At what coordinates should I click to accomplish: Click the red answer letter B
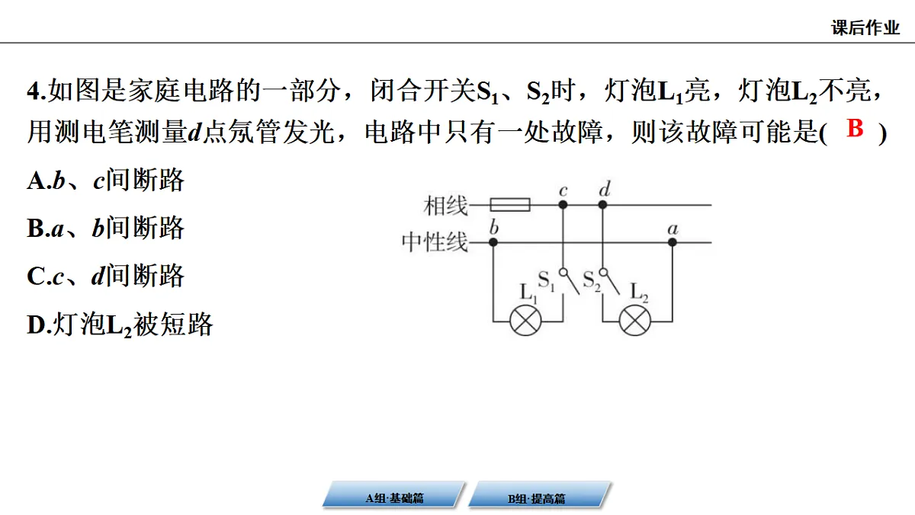click(855, 128)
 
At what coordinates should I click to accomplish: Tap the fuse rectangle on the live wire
click(510, 204)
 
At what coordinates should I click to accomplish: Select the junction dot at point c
click(563, 204)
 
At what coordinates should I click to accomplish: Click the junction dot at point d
click(602, 204)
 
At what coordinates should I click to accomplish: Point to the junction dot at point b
click(493, 242)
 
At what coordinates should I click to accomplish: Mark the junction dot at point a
click(673, 242)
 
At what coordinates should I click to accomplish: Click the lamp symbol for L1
click(525, 321)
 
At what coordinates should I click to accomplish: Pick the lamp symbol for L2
click(634, 321)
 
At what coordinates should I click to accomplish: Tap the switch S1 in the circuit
click(569, 281)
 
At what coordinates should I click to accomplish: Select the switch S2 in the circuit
click(609, 281)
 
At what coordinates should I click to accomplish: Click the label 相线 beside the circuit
click(445, 206)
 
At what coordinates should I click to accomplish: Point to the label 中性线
click(434, 242)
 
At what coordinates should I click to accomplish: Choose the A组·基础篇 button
click(393, 495)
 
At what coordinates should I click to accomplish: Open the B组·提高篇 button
click(539, 495)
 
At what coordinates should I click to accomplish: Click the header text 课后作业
click(865, 27)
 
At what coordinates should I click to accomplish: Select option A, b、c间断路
click(106, 180)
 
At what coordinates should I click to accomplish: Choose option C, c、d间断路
click(106, 276)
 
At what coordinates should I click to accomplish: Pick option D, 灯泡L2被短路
click(120, 325)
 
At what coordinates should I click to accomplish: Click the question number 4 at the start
click(34, 91)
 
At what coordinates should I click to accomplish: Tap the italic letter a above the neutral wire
click(673, 229)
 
